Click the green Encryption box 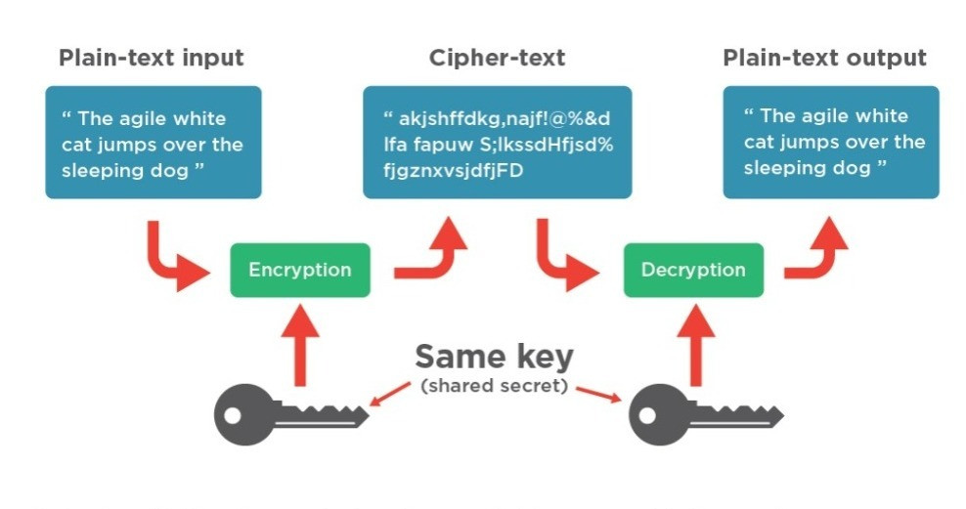point(299,270)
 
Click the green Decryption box point(693,270)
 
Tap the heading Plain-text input point(151,58)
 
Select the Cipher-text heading point(497,58)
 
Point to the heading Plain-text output point(824,58)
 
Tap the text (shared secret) point(494,386)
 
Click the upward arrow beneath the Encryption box point(300,342)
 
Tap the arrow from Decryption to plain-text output point(821,256)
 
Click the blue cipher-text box point(497,142)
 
